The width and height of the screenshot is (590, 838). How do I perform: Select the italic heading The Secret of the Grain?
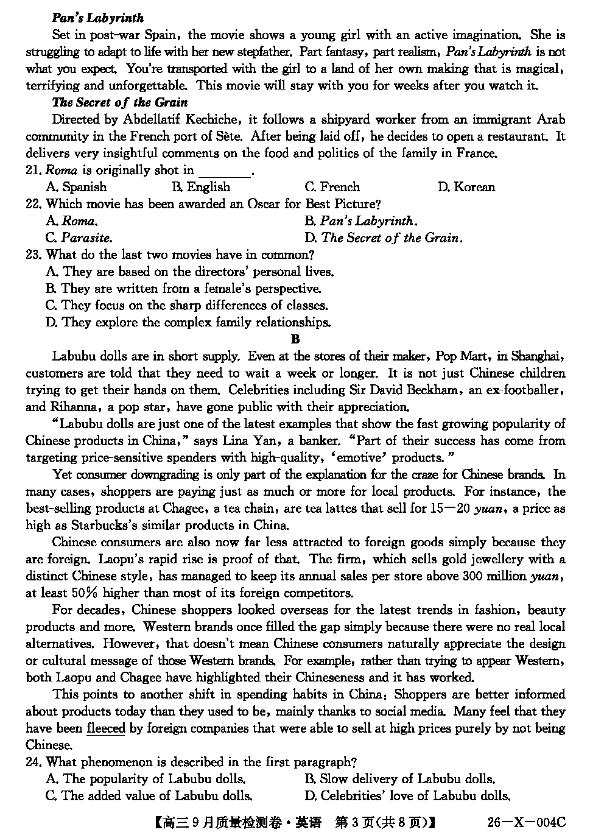119,102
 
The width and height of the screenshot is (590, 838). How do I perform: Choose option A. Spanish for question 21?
76,187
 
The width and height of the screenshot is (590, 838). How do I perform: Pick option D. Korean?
466,187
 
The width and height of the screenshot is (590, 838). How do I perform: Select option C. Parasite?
79,238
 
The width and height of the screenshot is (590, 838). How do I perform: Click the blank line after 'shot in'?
225,172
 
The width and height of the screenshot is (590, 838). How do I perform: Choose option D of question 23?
188,322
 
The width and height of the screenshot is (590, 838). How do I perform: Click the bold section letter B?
295,339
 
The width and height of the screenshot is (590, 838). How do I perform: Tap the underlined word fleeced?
106,728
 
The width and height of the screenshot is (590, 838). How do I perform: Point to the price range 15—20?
449,509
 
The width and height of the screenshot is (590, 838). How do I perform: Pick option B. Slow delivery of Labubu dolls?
399,779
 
